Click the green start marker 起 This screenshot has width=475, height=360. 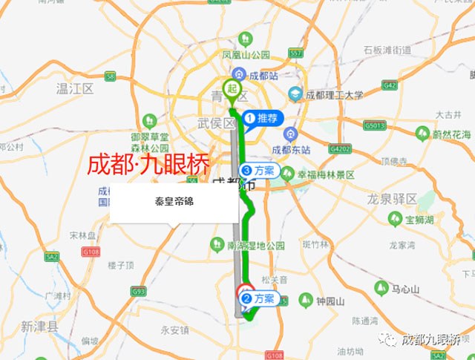pyautogui.click(x=232, y=89)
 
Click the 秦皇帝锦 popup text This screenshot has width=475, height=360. pyautogui.click(x=174, y=201)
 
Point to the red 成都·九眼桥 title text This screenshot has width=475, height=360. pyautogui.click(x=148, y=164)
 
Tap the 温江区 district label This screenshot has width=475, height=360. pyautogui.click(x=75, y=89)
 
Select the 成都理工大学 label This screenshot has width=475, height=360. pyautogui.click(x=335, y=94)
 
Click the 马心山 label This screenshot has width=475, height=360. pyautogui.click(x=406, y=287)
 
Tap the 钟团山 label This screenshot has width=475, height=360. pyautogui.click(x=330, y=301)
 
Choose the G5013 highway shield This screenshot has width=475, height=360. pyautogui.click(x=375, y=125)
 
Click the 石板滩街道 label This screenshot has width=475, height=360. pyautogui.click(x=387, y=50)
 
